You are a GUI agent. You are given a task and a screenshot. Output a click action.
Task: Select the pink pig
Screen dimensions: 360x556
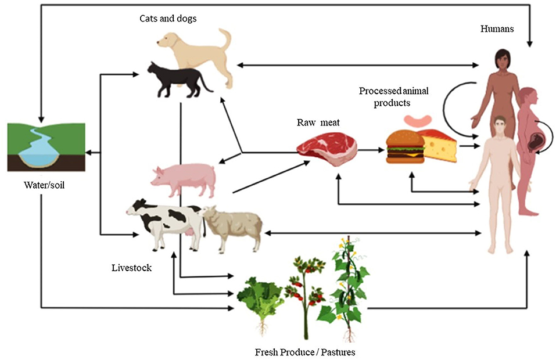[184, 177]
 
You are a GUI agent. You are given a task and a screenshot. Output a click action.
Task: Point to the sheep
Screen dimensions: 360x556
[232, 226]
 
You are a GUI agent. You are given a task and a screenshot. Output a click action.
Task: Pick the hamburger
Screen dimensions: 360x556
[405, 147]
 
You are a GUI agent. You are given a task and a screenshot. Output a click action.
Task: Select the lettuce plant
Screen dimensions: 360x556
[259, 299]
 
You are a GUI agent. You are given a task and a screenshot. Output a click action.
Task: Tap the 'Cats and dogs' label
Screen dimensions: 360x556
[168, 19]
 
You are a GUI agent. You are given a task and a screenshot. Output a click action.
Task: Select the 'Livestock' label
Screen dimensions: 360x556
[132, 268]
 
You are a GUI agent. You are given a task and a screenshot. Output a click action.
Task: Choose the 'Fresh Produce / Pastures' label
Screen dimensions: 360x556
[305, 352]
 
